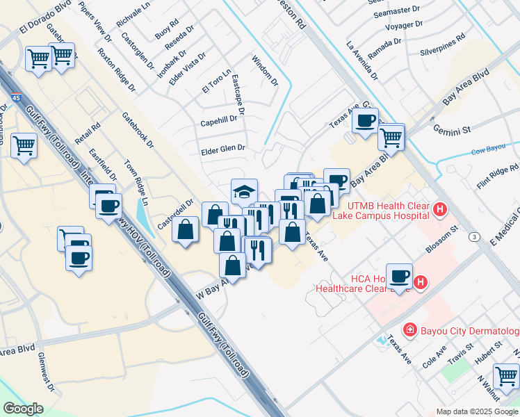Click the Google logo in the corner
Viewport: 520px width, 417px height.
(23, 409)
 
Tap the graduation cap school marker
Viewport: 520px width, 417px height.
(244, 190)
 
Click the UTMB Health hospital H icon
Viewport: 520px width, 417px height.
(439, 208)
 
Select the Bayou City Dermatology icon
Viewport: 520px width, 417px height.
(410, 329)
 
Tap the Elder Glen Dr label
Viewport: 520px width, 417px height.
(222, 148)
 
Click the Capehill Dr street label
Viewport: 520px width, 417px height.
(218, 120)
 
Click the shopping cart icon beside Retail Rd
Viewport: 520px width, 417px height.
(24, 146)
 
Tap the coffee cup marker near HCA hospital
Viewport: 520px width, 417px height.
(399, 276)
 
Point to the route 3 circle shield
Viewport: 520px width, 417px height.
(474, 237)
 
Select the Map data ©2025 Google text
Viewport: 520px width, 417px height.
(477, 411)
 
